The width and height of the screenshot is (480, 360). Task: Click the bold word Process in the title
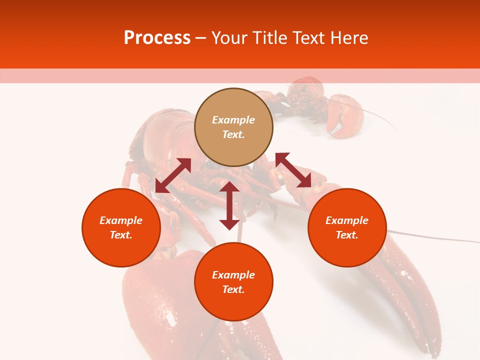coord(157,38)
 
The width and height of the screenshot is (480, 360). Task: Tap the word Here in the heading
coord(349,38)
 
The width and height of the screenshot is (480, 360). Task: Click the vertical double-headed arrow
coord(229,205)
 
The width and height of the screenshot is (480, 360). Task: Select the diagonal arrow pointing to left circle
coord(173,175)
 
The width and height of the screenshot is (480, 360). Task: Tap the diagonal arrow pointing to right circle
coord(293,170)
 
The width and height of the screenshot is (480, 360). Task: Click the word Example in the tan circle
coord(233,120)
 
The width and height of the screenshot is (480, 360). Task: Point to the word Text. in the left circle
coord(121,235)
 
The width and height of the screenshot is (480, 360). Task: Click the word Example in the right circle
coord(347,220)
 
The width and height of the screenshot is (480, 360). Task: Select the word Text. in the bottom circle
coord(233,289)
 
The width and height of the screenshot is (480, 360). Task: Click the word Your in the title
coord(228,38)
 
